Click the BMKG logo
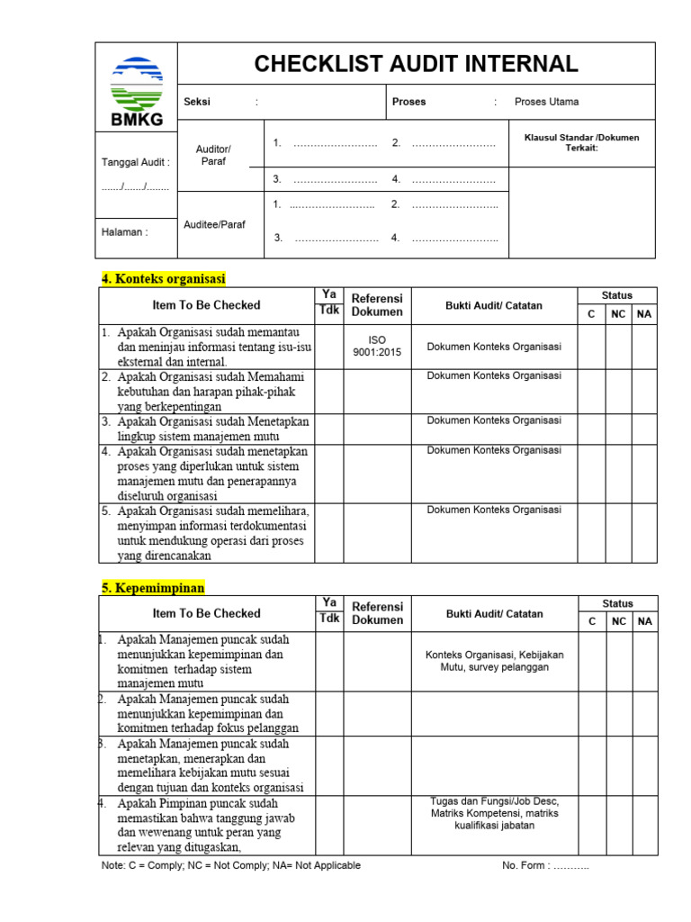click(x=136, y=87)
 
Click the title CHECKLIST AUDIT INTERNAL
click(x=416, y=64)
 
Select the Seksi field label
click(x=197, y=102)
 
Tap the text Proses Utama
click(x=546, y=102)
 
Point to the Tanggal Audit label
click(x=135, y=162)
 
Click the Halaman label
click(x=124, y=232)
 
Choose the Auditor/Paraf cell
click(x=213, y=155)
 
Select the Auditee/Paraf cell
click(x=214, y=224)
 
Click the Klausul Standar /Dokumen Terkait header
click(x=581, y=142)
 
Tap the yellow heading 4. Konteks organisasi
click(x=163, y=278)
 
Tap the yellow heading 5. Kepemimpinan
click(x=153, y=588)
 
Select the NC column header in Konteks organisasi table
click(x=617, y=314)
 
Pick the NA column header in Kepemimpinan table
click(x=644, y=621)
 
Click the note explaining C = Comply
click(x=231, y=865)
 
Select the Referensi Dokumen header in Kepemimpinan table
click(x=377, y=613)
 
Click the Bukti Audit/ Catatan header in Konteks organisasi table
click(x=493, y=305)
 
